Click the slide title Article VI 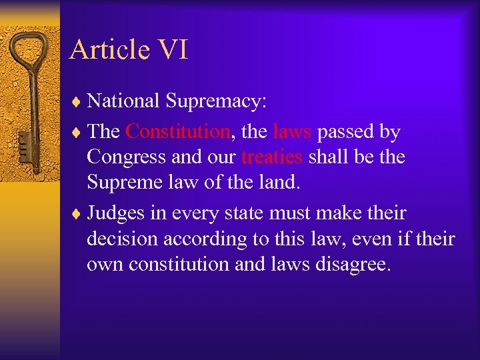tap(129, 49)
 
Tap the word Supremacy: tap(216, 101)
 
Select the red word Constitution tap(177, 131)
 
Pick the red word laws tap(292, 131)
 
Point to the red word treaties tap(271, 157)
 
